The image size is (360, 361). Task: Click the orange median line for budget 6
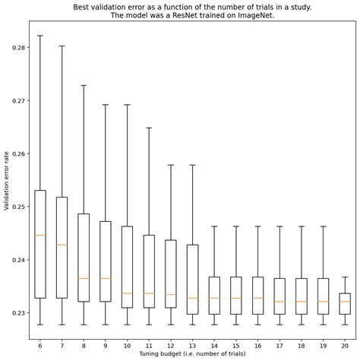click(40, 235)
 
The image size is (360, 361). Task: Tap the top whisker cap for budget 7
click(62, 46)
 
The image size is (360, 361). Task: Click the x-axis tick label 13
click(192, 344)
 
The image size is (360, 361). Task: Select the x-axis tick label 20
click(345, 344)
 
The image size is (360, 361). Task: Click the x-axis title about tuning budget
click(192, 353)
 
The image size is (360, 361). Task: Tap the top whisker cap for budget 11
click(149, 128)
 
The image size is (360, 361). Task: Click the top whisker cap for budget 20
click(345, 277)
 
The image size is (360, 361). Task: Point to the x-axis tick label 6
click(40, 344)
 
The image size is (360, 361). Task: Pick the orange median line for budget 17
click(279, 302)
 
